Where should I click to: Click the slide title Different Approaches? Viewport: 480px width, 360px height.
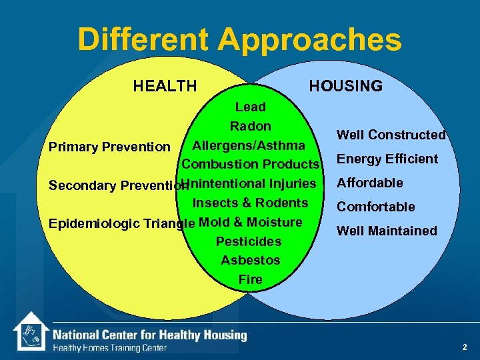click(239, 39)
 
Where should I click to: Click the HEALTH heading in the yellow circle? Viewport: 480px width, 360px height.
click(165, 86)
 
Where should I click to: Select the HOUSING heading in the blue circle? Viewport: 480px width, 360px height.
click(345, 86)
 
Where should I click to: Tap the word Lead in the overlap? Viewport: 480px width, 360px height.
click(250, 107)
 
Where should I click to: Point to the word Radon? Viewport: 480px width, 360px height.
click(250, 126)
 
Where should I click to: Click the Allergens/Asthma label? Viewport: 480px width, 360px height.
click(249, 145)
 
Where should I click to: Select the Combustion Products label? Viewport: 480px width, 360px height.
click(251, 165)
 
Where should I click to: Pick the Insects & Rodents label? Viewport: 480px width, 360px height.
click(250, 203)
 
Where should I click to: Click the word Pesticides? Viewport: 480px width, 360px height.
click(249, 241)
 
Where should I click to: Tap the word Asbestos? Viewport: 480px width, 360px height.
click(250, 260)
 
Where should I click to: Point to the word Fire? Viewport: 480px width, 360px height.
click(250, 279)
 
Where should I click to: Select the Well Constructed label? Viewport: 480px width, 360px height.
click(391, 135)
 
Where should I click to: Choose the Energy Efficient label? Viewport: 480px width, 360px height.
click(387, 159)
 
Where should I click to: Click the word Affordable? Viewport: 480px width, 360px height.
click(369, 183)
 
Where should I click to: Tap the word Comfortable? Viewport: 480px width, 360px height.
click(375, 207)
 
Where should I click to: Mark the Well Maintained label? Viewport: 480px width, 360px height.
click(387, 231)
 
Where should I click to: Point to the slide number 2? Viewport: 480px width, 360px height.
click(465, 347)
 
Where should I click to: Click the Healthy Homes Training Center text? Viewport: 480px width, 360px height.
click(109, 347)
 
